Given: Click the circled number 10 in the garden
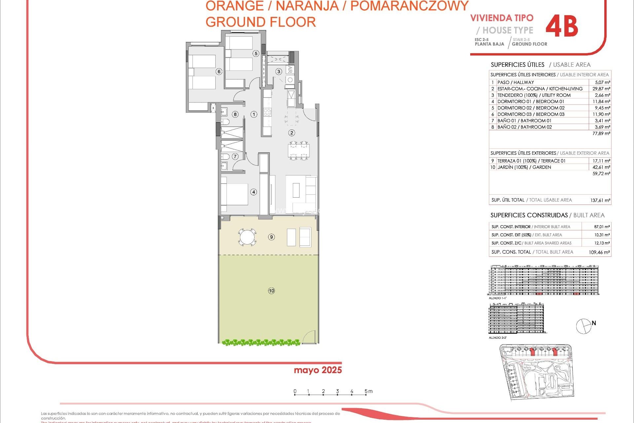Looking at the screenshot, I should (x=271, y=291).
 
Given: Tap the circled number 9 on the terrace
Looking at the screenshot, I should (x=271, y=237).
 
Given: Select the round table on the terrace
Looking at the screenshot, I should (x=247, y=237).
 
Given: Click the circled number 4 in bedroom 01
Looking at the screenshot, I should (x=254, y=192).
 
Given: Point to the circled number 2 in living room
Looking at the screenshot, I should (x=292, y=133).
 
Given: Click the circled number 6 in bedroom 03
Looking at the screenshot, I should (x=219, y=71).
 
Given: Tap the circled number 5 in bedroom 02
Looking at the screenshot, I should (x=256, y=53).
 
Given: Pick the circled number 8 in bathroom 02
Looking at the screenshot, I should (x=235, y=114).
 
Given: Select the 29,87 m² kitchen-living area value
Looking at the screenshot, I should (x=601, y=89).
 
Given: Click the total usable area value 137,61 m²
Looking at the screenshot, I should (x=600, y=200).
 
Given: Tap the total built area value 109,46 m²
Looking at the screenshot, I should (x=599, y=252).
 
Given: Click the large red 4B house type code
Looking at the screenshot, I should (x=562, y=26).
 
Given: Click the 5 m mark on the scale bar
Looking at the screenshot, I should (x=366, y=392).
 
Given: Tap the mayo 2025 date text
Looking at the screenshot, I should (x=318, y=370).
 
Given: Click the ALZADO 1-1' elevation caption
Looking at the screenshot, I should (x=497, y=298).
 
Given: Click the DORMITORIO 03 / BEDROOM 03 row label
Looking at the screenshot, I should (x=531, y=114).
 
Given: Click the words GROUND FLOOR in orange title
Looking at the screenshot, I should (x=261, y=22).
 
